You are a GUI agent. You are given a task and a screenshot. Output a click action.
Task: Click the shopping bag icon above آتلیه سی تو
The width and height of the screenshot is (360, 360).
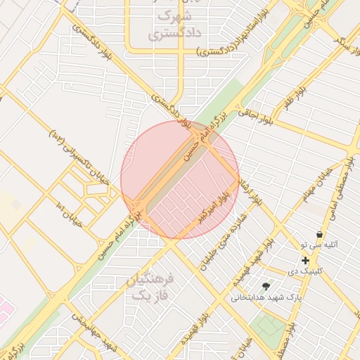click(320, 234)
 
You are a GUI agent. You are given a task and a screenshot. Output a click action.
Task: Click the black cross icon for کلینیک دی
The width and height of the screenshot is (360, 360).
click(305, 260)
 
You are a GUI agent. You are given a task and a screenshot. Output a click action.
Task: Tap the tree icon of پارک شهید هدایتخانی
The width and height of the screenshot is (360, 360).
click(266, 286)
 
